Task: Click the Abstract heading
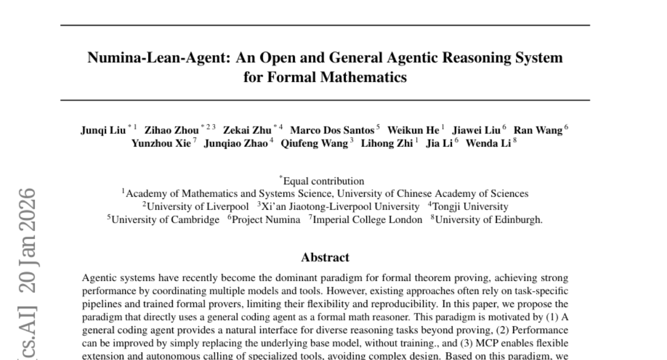pos(325,257)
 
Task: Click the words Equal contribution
pos(324,181)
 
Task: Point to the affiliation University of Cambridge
pos(165,219)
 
